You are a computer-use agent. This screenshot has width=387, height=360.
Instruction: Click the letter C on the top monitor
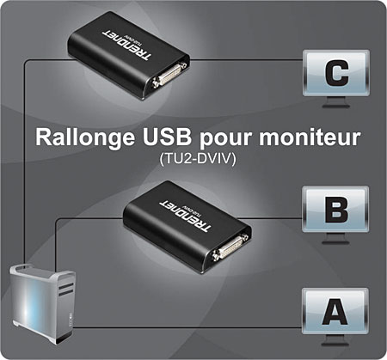pyautogui.click(x=337, y=73)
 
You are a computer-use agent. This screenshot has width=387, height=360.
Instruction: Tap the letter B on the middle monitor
pyautogui.click(x=336, y=210)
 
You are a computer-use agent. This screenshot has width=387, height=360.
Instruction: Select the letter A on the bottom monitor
pyautogui.click(x=335, y=312)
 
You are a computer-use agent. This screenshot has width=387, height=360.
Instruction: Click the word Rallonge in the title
pyautogui.click(x=85, y=138)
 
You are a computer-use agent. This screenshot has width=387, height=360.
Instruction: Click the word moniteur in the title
pyautogui.click(x=310, y=137)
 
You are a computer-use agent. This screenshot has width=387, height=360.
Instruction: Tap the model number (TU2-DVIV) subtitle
pyautogui.click(x=198, y=159)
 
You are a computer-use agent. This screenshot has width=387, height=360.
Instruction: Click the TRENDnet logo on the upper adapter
pyautogui.click(x=126, y=44)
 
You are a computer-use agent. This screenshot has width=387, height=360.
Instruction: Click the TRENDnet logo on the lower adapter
pyautogui.click(x=185, y=216)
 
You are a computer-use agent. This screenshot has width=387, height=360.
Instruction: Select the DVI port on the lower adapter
pyautogui.click(x=230, y=247)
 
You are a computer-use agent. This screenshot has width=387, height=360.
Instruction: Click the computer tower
pyautogui.click(x=43, y=303)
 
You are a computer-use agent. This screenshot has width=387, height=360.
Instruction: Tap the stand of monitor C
pyautogui.click(x=336, y=103)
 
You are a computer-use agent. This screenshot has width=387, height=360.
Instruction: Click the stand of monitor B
pyautogui.click(x=335, y=239)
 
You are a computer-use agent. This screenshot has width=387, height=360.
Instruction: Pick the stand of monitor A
pyautogui.click(x=335, y=341)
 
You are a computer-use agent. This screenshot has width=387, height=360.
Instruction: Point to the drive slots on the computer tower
pyautogui.click(x=65, y=289)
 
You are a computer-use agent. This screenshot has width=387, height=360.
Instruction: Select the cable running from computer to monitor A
pyautogui.click(x=187, y=327)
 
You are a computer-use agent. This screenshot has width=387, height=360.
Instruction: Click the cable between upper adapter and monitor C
pyautogui.click(x=246, y=60)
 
